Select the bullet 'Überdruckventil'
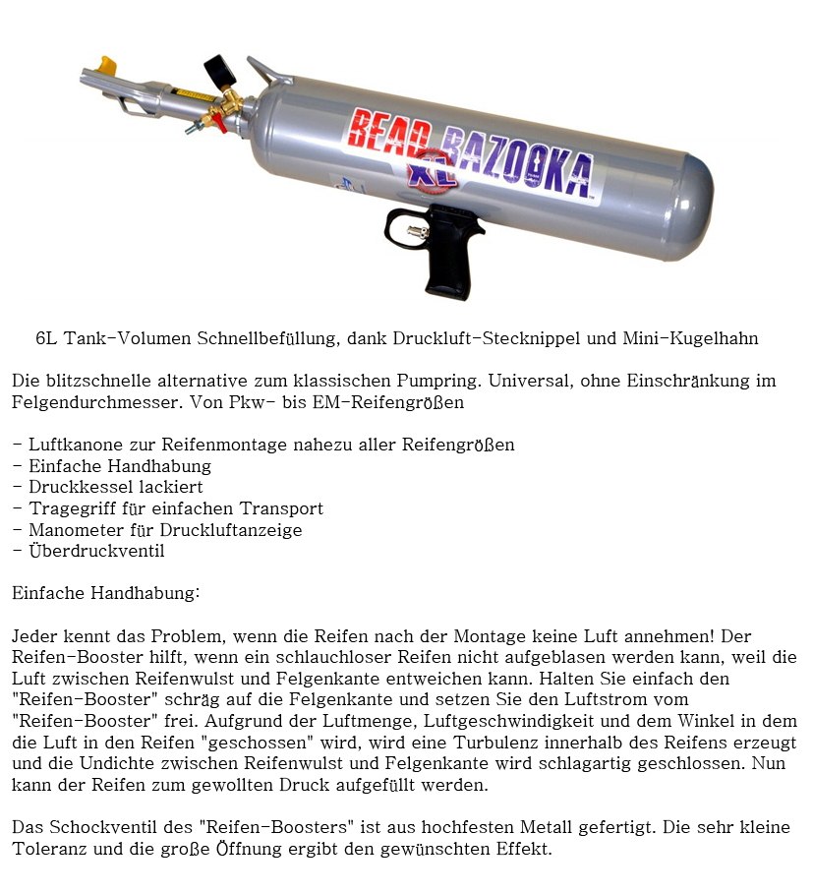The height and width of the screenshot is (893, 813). click(x=94, y=552)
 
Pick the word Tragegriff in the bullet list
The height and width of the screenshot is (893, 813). click(x=66, y=509)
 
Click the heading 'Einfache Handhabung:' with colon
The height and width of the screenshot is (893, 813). click(x=106, y=594)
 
